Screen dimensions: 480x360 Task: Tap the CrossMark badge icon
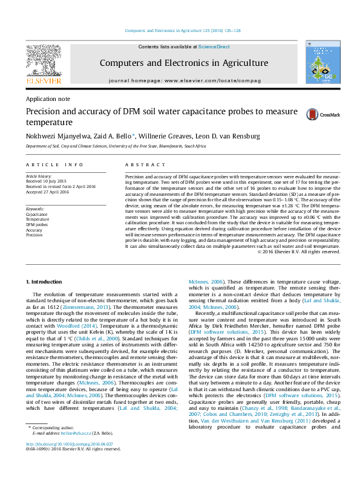point(313,114)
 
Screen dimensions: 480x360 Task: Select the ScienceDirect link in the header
point(214,47)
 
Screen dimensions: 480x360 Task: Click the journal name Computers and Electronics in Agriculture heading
point(183,63)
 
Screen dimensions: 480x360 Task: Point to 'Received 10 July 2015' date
point(47,180)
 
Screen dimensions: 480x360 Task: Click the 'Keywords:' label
point(35,209)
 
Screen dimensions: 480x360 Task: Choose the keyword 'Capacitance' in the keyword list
point(38,214)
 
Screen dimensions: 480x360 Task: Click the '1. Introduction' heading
point(45,282)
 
